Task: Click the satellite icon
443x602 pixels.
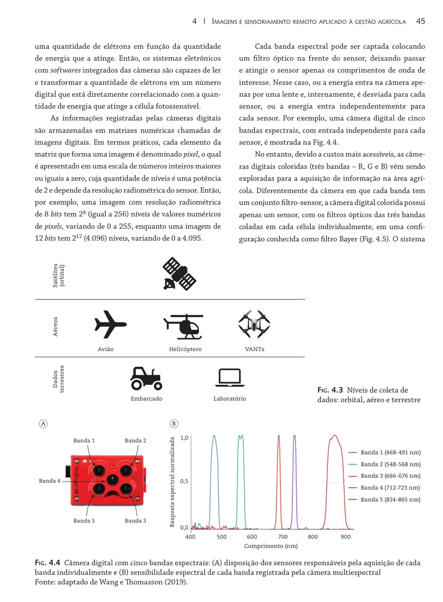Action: (180, 274)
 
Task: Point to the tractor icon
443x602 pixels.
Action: (146, 378)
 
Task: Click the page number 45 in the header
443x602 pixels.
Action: (420, 21)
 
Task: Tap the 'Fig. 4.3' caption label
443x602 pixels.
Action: (329, 390)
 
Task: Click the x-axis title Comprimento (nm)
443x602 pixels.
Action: (271, 546)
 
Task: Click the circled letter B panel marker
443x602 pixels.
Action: (174, 424)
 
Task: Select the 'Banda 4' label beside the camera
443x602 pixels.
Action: (50, 481)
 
